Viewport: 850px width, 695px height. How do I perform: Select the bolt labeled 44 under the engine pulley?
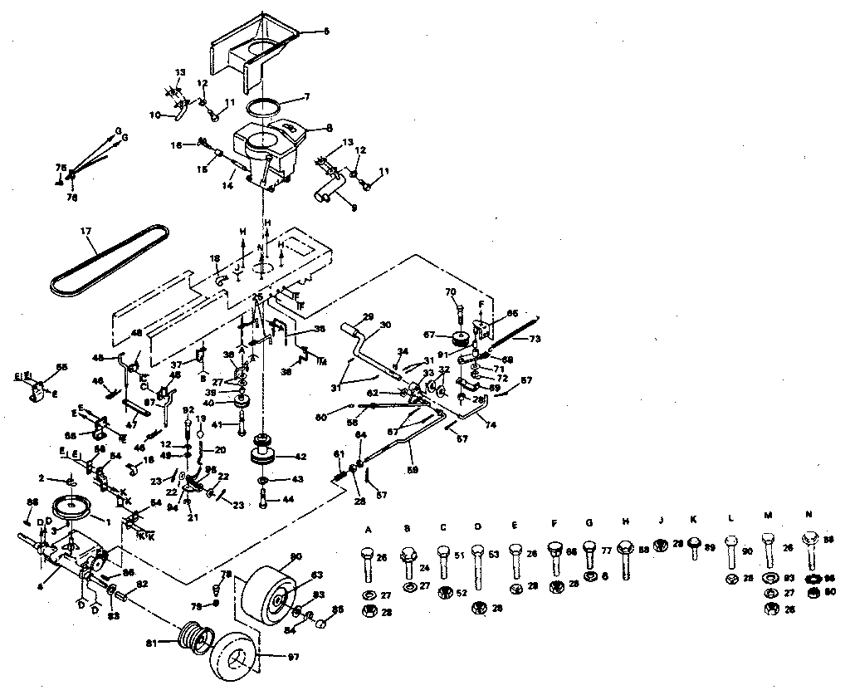click(263, 501)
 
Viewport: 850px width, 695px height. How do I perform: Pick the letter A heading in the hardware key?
click(369, 528)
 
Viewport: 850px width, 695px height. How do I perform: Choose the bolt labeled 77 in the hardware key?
click(589, 554)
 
